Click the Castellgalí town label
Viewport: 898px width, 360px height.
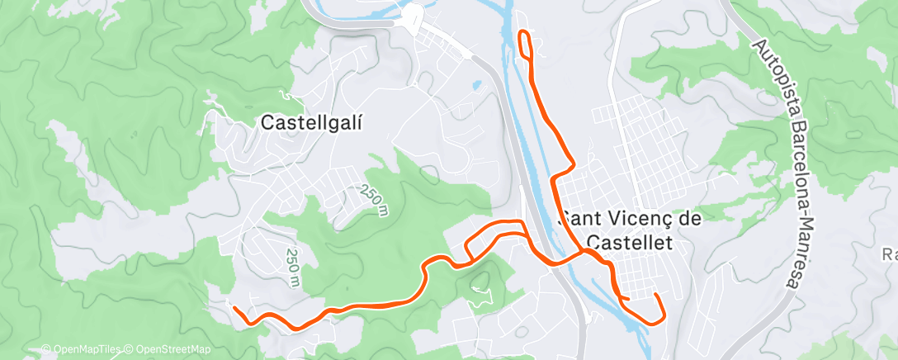tap(312, 122)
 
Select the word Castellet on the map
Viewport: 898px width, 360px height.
tap(627, 242)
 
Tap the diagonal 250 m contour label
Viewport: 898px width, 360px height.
tap(374, 200)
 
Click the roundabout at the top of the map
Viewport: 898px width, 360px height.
tap(412, 14)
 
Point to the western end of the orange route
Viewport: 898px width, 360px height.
tap(234, 309)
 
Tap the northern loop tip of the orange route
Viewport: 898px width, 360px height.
tap(523, 33)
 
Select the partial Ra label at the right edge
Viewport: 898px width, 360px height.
tap(889, 254)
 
